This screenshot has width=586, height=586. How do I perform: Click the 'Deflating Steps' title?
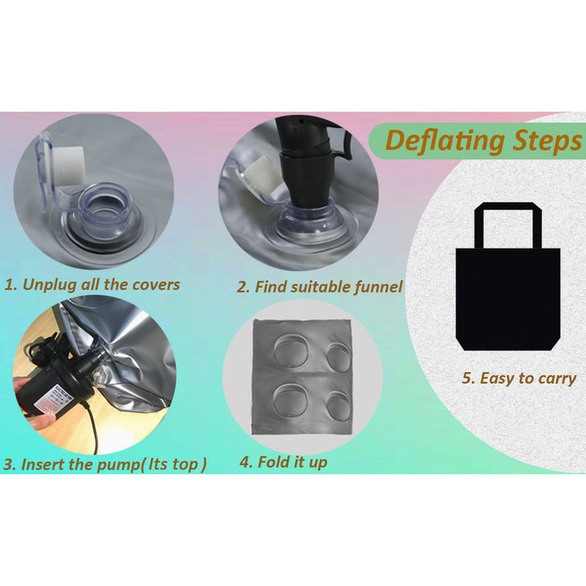pyautogui.click(x=483, y=141)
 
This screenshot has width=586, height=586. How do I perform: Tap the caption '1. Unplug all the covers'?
pyautogui.click(x=92, y=284)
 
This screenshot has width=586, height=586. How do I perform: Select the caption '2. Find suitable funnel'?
pyautogui.click(x=320, y=287)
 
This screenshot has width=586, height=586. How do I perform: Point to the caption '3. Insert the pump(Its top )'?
pyautogui.click(x=105, y=465)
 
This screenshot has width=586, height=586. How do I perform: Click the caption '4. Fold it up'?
pyautogui.click(x=284, y=463)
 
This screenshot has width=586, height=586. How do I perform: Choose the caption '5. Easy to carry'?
pyautogui.click(x=519, y=378)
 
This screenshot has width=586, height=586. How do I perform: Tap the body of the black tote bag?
pyautogui.click(x=508, y=299)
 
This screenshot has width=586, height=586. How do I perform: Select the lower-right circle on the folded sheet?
pyautogui.click(x=338, y=405)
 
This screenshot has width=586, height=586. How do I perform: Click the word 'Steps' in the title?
pyautogui.click(x=547, y=141)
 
